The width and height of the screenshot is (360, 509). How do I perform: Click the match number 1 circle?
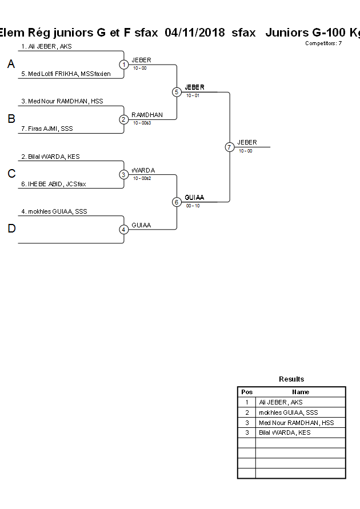point(123,65)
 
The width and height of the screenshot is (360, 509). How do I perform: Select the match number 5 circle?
point(177,92)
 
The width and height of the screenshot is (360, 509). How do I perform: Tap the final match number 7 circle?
point(229,147)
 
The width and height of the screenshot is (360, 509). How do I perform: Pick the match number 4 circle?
point(123,230)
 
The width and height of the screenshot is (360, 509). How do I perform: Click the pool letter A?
point(11,65)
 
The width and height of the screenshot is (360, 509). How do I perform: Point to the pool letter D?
point(11,229)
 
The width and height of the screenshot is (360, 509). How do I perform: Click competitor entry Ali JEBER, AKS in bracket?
point(46,46)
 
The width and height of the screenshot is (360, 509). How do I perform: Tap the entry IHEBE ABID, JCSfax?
point(53,184)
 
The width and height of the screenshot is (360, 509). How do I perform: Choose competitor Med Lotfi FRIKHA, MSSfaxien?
point(66,74)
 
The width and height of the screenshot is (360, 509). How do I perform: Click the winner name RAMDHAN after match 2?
point(147,115)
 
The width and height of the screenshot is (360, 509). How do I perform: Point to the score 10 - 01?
point(193,95)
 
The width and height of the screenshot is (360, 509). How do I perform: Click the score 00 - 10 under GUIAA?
point(193,206)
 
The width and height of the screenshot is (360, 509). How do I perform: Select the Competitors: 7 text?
point(323,43)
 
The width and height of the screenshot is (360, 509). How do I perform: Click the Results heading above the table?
point(291,379)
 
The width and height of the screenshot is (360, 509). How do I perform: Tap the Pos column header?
point(247,392)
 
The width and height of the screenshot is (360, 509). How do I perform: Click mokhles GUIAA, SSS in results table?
point(288,412)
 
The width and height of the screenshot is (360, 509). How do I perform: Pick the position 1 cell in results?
point(247,402)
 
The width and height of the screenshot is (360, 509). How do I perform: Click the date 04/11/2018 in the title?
point(194,33)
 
